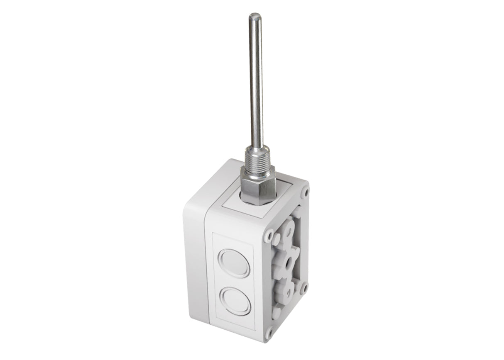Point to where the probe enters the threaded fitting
257,147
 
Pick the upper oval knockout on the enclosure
234,263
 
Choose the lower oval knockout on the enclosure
235,302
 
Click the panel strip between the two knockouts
234,283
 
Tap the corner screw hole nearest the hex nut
305,192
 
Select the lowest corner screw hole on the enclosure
270,332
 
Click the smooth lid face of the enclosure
195,265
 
